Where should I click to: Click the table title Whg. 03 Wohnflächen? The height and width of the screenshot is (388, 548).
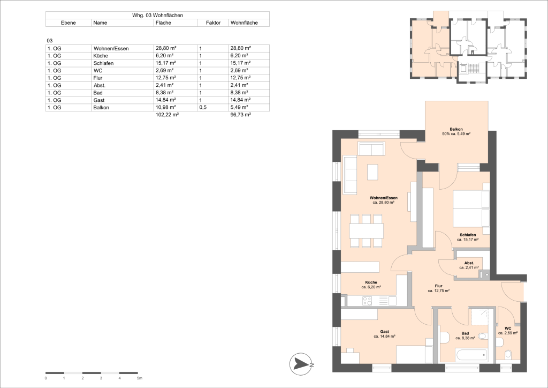(157, 16)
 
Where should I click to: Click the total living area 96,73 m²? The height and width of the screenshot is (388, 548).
(240, 115)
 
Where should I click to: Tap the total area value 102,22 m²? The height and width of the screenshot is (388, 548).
(166, 115)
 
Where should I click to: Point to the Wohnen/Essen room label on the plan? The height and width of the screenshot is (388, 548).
(383, 198)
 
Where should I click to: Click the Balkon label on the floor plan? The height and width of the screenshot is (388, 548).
(456, 129)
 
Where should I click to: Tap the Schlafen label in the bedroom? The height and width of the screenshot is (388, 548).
(468, 235)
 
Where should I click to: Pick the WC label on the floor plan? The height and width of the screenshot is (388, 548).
(507, 329)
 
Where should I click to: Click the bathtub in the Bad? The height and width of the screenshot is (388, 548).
(470, 354)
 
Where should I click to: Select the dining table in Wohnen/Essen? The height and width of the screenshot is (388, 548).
(367, 231)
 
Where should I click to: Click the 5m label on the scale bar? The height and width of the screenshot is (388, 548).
(139, 378)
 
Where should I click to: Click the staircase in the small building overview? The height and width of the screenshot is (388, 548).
(472, 69)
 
